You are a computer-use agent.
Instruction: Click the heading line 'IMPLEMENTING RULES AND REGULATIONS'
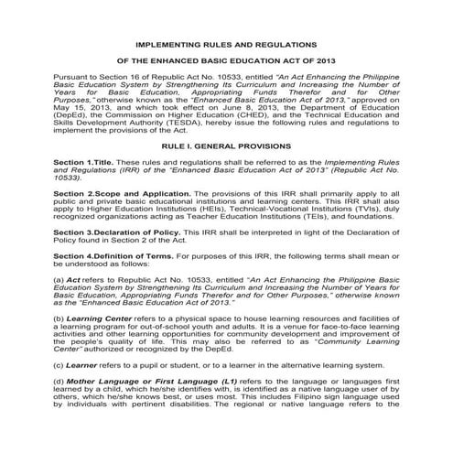coord(227,43)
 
